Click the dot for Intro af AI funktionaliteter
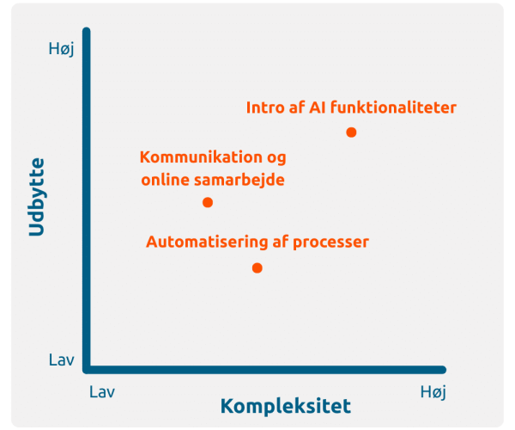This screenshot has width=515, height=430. [x=351, y=132]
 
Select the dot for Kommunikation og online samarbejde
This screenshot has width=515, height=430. [x=208, y=202]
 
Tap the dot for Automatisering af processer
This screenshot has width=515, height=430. [x=257, y=268]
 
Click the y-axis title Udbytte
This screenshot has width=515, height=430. [x=36, y=197]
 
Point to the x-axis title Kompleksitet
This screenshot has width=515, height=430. [x=286, y=407]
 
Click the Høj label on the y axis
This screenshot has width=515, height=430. [x=62, y=49]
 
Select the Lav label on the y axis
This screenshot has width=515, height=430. [x=62, y=360]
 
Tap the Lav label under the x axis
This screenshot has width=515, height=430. [x=102, y=392]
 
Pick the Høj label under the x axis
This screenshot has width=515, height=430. [x=433, y=392]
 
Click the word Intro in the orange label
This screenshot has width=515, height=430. [x=265, y=107]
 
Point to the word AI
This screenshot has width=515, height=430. [x=317, y=107]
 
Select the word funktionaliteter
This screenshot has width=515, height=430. [x=393, y=107]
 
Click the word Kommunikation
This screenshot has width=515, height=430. [x=201, y=157]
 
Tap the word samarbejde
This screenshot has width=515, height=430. [x=239, y=181]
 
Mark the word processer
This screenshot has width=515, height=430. [x=330, y=243]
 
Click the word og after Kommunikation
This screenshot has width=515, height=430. [x=276, y=159]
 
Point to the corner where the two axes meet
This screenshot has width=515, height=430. [x=87, y=370]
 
